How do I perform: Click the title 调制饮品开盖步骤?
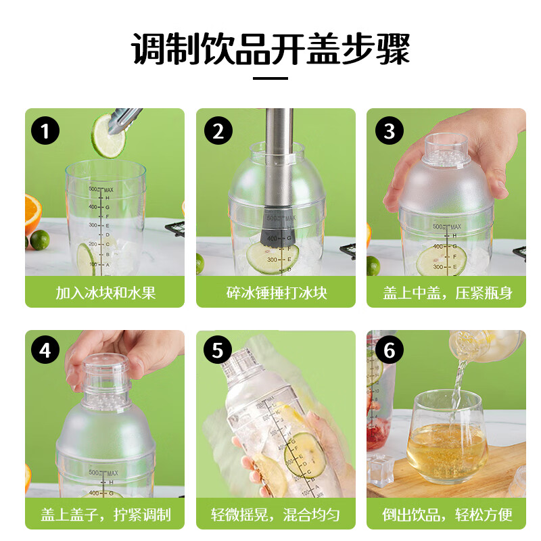[x=270, y=49]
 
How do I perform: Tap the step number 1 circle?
[x=45, y=131]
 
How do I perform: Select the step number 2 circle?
[x=217, y=131]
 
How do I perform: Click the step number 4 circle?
[x=45, y=352]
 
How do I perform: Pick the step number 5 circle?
[x=217, y=352]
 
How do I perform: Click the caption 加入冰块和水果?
[x=105, y=293]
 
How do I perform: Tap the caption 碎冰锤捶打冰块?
[x=276, y=293]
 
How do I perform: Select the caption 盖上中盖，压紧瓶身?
[x=446, y=293]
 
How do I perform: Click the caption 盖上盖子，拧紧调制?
[x=105, y=515]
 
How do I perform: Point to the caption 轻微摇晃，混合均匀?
[x=276, y=515]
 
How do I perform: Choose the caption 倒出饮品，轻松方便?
[x=446, y=515]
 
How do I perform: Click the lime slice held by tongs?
[x=108, y=135]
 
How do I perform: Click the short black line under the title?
[x=270, y=78]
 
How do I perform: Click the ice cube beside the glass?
[x=380, y=469]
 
